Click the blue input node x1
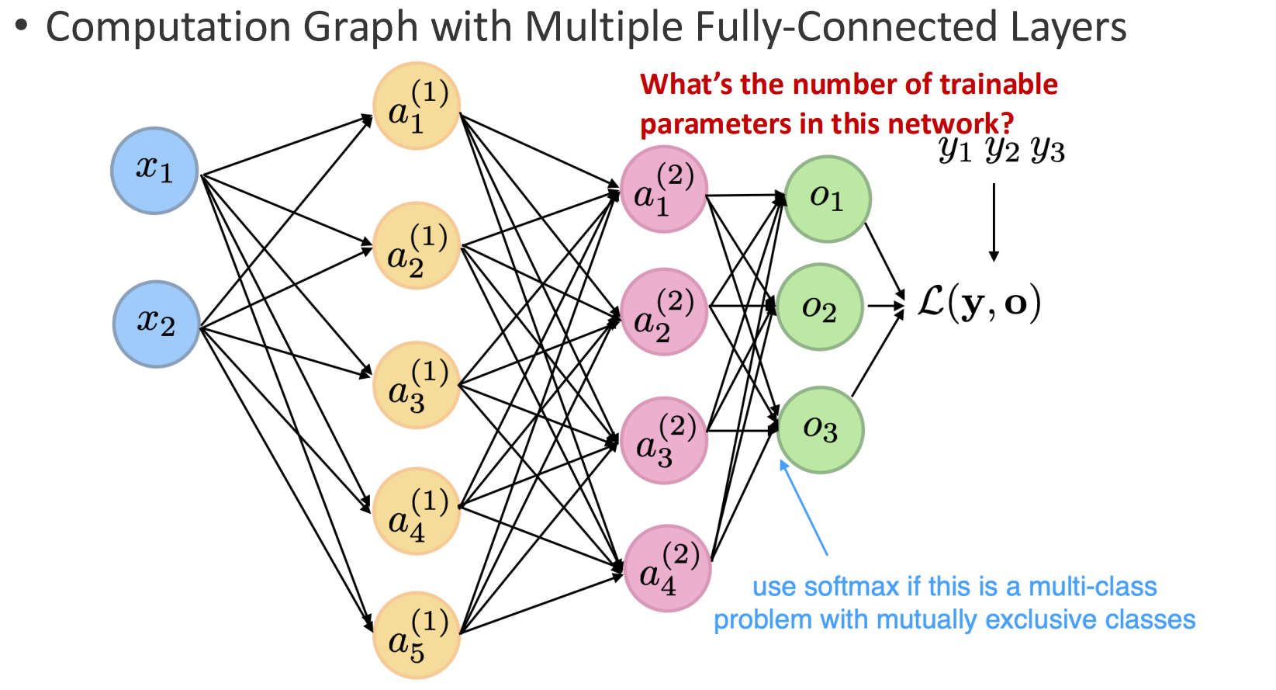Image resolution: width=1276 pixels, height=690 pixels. coord(154,170)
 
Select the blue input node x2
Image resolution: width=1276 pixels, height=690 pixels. coord(156,324)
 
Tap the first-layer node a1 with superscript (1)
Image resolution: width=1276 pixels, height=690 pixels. coord(417,106)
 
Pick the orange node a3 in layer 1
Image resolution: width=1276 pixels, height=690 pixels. coord(417,385)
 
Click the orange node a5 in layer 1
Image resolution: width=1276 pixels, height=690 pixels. coord(417,635)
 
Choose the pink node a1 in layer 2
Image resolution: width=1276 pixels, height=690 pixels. coord(663,189)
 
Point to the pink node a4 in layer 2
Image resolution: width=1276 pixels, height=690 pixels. coord(667,568)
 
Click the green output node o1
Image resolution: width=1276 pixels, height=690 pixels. coord(827,199)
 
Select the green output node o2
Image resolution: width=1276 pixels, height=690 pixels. coord(820,307)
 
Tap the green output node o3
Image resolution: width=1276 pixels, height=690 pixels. coord(820,429)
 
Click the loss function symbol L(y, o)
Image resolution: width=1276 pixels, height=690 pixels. coord(978,303)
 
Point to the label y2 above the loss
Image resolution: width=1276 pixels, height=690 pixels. coord(1001,149)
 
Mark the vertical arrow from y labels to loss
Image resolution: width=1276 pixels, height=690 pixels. coord(994,221)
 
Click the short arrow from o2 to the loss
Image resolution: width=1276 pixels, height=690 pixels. coord(885,306)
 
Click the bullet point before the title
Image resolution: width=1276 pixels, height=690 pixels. coord(21,26)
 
